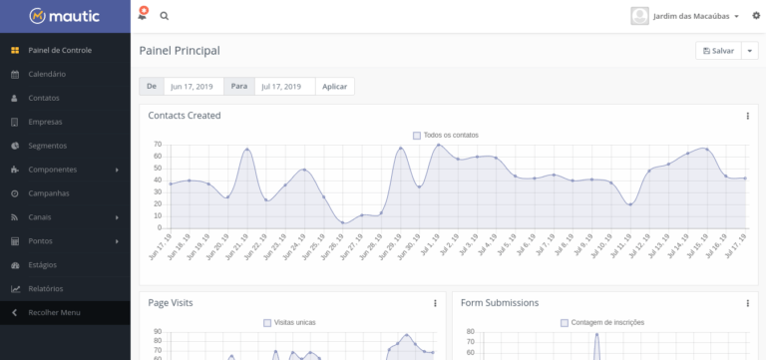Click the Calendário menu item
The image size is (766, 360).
pyautogui.click(x=47, y=74)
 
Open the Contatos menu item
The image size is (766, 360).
pyautogui.click(x=44, y=98)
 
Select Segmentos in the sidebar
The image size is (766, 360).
pyautogui.click(x=48, y=146)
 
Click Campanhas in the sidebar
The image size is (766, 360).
pyautogui.click(x=48, y=193)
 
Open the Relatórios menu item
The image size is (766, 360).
pyautogui.click(x=46, y=288)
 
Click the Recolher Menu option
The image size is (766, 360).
pyautogui.click(x=54, y=312)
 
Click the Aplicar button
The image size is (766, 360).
pyautogui.click(x=335, y=87)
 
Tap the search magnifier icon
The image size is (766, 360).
pyautogui.click(x=165, y=16)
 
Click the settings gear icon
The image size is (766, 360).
pyautogui.click(x=756, y=16)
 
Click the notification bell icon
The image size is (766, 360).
pyautogui.click(x=143, y=15)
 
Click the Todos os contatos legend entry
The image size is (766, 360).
pyautogui.click(x=446, y=136)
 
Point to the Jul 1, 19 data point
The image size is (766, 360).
pyautogui.click(x=438, y=145)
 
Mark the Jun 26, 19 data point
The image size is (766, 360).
pyautogui.click(x=343, y=222)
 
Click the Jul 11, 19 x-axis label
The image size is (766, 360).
pyautogui.click(x=621, y=246)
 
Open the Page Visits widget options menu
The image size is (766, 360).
pyautogui.click(x=435, y=303)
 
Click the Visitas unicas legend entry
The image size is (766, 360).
pyautogui.click(x=289, y=323)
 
